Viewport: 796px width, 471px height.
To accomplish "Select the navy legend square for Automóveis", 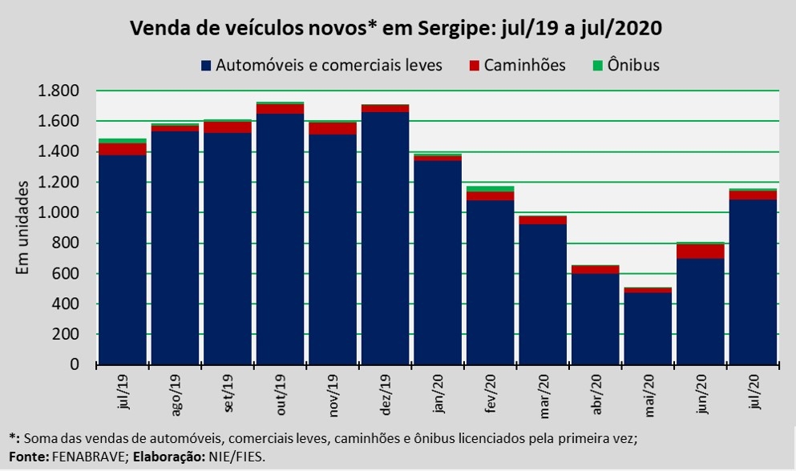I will tap(207, 66).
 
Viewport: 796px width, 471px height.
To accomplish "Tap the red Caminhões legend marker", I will tap(475, 66).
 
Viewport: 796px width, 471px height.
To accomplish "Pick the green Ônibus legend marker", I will tap(599, 66).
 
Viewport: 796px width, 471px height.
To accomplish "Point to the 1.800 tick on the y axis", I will tap(59, 91).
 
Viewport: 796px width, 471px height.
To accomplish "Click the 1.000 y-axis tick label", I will tap(59, 213).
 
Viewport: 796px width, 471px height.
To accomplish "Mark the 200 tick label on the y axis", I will tap(68, 335).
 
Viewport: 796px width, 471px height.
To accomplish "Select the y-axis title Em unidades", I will tap(23, 228).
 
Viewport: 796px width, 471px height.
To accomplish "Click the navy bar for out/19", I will tap(280, 240).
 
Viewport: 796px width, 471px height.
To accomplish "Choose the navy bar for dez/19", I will tap(385, 240).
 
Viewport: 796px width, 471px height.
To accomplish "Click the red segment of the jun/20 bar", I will tap(701, 251).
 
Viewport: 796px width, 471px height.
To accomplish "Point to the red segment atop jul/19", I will tap(122, 149).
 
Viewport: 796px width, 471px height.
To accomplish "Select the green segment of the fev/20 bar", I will tap(490, 189).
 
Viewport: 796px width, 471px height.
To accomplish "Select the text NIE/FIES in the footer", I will tap(236, 456).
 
